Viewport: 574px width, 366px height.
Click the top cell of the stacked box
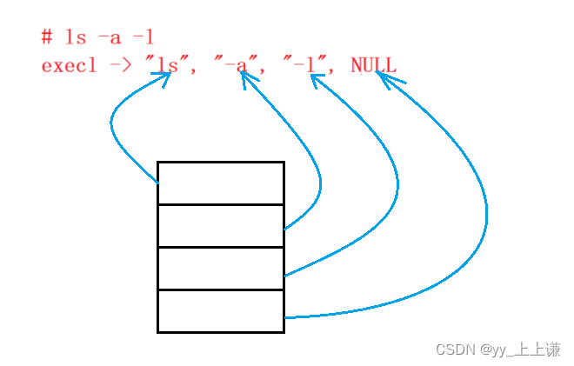tap(221, 183)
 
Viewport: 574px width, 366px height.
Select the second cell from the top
tap(221, 225)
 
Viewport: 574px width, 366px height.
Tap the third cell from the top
tap(221, 268)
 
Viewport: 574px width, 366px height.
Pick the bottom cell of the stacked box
tap(221, 310)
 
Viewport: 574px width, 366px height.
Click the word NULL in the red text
tap(373, 65)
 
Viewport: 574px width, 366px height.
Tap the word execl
tap(69, 65)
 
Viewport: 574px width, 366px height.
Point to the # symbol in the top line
tap(46, 37)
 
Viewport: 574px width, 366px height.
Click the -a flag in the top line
tap(110, 37)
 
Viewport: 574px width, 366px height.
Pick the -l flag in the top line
tap(143, 37)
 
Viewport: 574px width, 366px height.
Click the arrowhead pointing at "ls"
tap(164, 78)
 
